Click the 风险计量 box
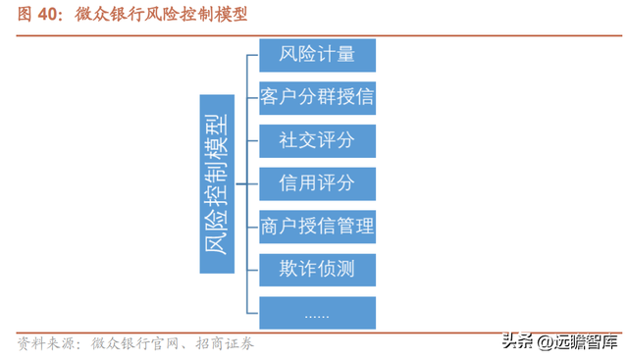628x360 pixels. (317, 55)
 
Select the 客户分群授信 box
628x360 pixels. (317, 97)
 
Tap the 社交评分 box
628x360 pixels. (317, 140)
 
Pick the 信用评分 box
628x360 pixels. (317, 183)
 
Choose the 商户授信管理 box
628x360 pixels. (317, 227)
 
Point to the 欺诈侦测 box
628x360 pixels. (317, 269)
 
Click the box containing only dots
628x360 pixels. (317, 312)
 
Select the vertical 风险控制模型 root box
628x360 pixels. (217, 183)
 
